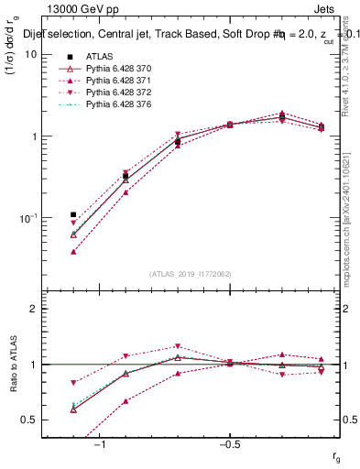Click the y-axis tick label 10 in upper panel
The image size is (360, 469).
pyautogui.click(x=31, y=54)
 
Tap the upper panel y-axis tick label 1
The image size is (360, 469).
pyautogui.click(x=34, y=136)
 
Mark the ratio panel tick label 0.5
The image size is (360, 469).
pyautogui.click(x=29, y=420)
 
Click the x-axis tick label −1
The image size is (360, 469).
pyautogui.click(x=101, y=442)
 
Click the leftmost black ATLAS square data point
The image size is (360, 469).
pyautogui.click(x=73, y=215)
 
